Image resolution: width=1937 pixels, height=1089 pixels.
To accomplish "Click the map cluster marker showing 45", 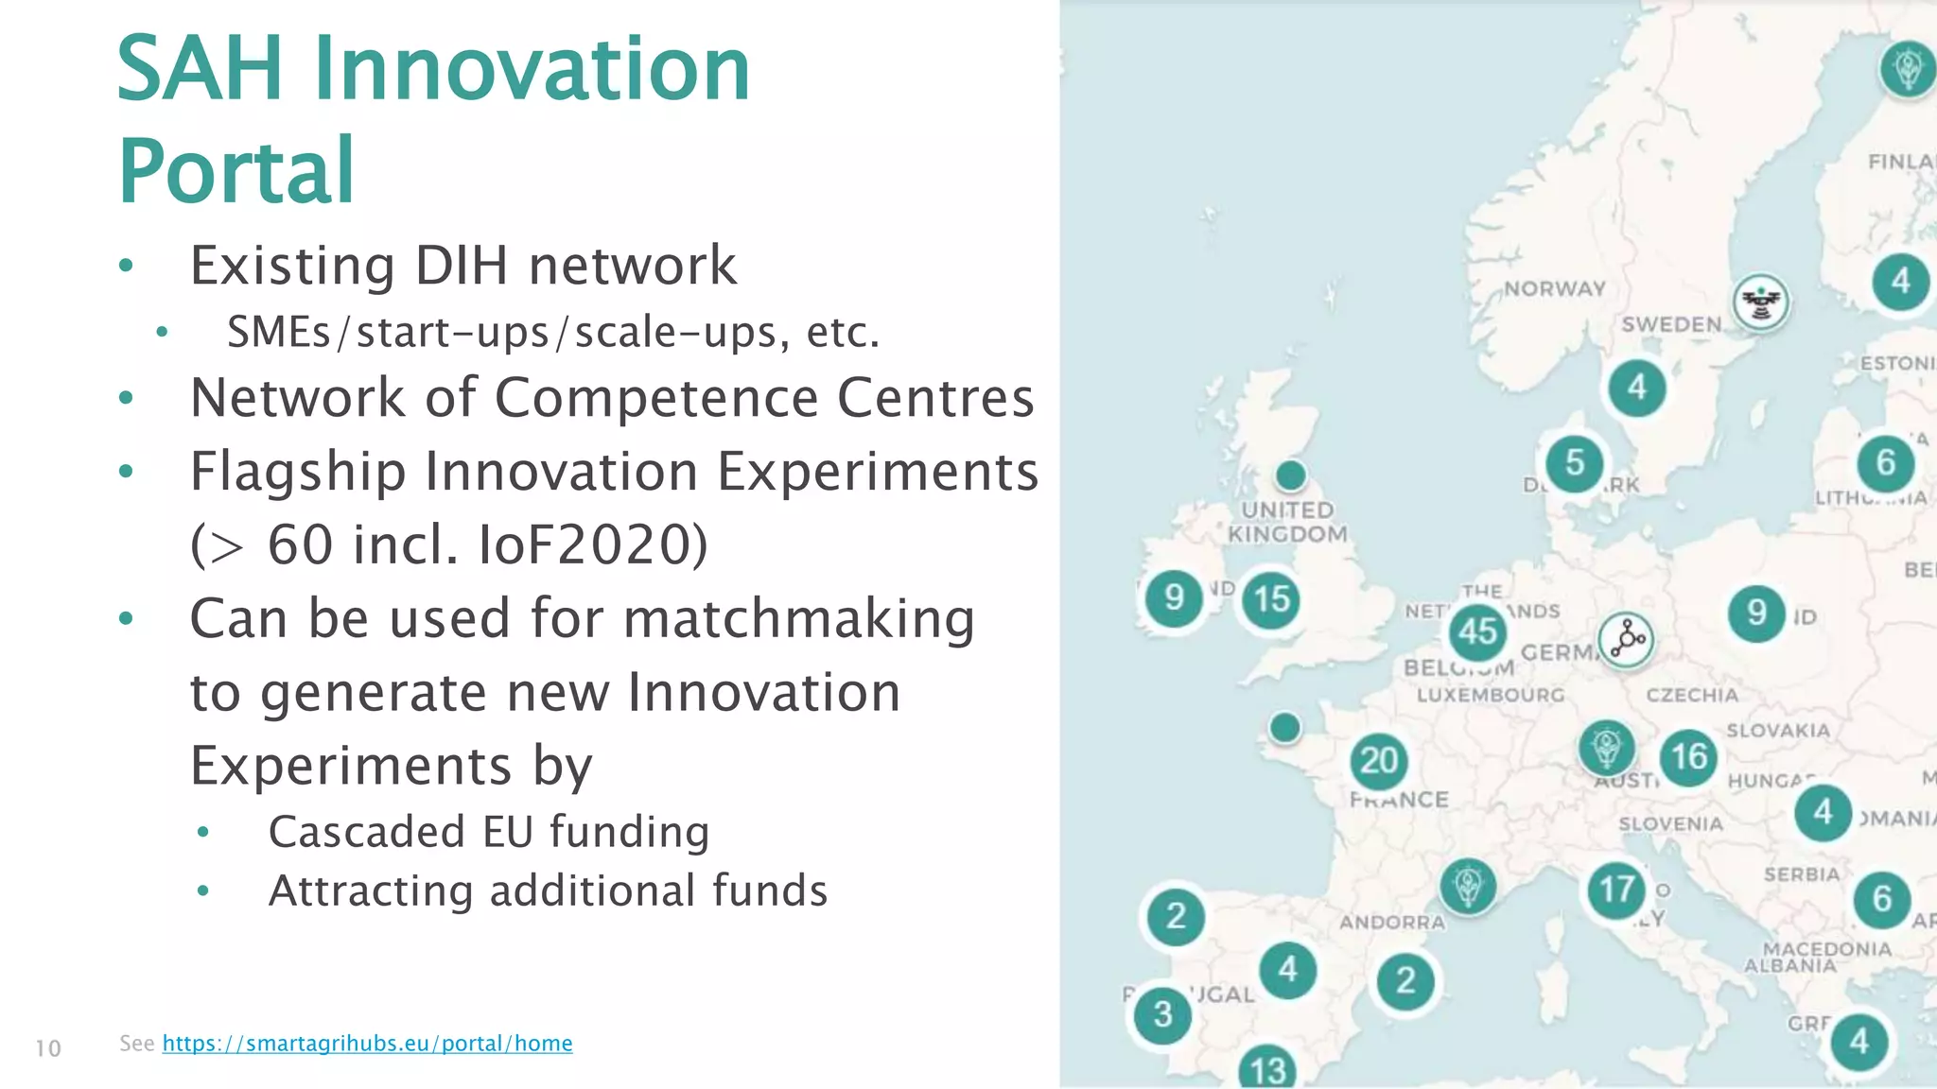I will click(1477, 631).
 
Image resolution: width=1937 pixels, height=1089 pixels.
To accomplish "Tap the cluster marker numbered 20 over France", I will click(1378, 760).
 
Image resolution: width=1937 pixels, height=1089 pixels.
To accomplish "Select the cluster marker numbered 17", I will click(1616, 889).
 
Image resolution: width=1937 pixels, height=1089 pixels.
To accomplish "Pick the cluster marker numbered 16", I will click(1689, 756).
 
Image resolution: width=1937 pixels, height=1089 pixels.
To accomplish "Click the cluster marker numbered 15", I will click(1271, 598).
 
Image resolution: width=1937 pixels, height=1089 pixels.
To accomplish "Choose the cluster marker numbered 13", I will click(1267, 1069).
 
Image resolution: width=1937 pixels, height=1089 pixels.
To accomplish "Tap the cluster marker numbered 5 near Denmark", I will click(1574, 462).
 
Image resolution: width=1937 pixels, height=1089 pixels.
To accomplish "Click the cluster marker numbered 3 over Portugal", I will click(1162, 1014).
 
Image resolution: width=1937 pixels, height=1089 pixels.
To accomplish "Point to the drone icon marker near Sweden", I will click(1760, 302).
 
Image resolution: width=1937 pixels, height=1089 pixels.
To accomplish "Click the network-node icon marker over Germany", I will click(1626, 639).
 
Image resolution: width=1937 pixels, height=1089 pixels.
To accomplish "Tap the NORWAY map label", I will click(1555, 288).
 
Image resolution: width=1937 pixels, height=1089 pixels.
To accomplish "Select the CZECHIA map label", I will click(1692, 695).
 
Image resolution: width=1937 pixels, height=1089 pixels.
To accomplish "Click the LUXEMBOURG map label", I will click(1491, 695).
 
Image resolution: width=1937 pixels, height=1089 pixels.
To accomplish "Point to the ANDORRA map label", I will click(1392, 922).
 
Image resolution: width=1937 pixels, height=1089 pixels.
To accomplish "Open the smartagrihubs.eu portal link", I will click(367, 1043).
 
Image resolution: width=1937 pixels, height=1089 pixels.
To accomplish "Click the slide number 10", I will click(48, 1047).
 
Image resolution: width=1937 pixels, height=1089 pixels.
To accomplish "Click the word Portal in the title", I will click(236, 171).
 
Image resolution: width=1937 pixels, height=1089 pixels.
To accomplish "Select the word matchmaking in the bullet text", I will click(799, 619).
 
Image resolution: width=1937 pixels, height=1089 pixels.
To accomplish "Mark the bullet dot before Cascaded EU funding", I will click(202, 833).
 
